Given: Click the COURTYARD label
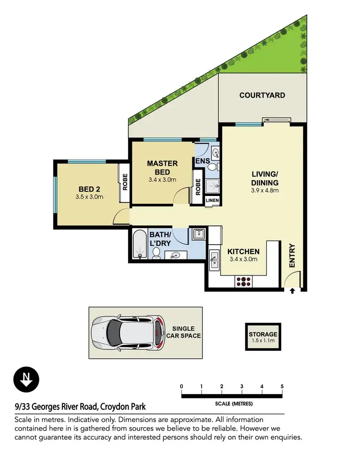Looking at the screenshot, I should pos(262,95).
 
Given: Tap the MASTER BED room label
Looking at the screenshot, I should pos(162,168).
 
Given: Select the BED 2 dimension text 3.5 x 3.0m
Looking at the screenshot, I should pos(89,197).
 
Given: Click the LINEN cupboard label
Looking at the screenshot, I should pos(212,200).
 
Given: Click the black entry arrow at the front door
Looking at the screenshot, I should pos(293,290).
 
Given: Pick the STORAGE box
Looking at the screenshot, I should pos(263,337).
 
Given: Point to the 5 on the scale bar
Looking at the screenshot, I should pos(282,386).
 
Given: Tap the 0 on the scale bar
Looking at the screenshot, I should pos(181,386).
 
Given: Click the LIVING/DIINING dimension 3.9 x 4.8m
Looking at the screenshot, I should pos(265,191).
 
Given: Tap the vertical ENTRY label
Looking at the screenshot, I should pos(292,256).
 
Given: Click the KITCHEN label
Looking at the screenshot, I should pos(243,251).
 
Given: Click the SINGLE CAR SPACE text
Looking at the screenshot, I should pos(183,332).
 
